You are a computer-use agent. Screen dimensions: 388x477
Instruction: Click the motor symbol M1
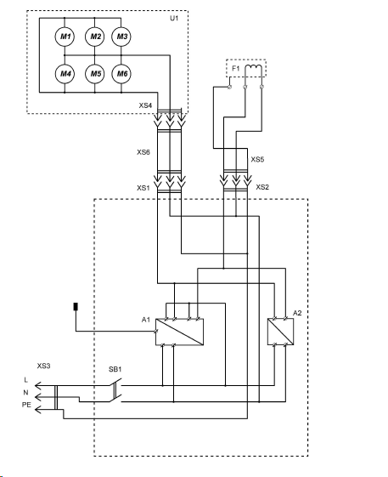point(65,37)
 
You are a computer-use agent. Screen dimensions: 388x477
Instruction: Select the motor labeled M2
point(95,37)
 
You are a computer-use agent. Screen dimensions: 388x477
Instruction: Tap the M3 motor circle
point(121,37)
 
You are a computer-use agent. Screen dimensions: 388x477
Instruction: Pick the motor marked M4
point(65,74)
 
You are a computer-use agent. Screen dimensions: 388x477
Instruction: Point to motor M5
point(95,74)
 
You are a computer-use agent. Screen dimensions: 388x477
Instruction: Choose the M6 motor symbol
point(121,74)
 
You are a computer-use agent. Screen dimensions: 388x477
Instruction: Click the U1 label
point(174,18)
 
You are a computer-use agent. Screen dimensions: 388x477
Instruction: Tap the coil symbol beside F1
point(253,66)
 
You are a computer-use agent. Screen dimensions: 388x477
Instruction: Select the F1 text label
point(236,69)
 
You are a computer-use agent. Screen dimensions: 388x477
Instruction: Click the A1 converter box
point(179,332)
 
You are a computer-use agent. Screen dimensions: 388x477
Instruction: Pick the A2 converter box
point(280,332)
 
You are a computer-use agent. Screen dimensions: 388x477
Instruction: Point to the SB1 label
point(115,369)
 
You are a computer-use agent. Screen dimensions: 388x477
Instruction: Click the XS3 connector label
point(44,366)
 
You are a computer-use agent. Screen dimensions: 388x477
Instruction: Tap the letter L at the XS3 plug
point(25,380)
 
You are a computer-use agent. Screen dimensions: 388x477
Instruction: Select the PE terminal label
point(26,405)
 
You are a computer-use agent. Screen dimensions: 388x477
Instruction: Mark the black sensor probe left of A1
point(76,307)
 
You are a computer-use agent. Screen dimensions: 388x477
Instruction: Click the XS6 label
point(143,152)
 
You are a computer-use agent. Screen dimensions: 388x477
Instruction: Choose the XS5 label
point(257,159)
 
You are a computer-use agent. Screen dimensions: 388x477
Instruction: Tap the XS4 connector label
point(145,105)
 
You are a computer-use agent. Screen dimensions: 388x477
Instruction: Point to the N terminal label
point(25,393)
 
